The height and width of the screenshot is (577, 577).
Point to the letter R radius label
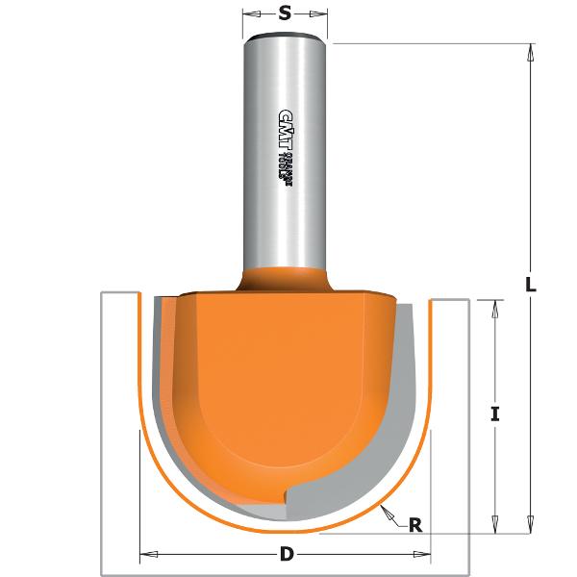pos(415,525)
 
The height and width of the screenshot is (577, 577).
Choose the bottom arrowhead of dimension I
pos(495,524)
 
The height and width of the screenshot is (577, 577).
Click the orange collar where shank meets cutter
pos(284,279)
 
